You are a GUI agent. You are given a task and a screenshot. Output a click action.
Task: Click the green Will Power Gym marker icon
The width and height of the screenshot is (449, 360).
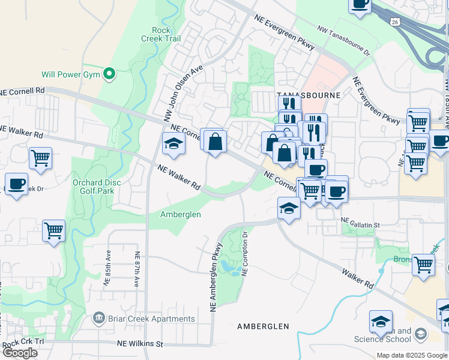[109, 74]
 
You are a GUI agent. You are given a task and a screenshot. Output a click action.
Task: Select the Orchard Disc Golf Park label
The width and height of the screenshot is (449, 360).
[97, 187]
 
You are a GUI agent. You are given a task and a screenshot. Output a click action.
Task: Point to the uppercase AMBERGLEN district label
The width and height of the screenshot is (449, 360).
[263, 326]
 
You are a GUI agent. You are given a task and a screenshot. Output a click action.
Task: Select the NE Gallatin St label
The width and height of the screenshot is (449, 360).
[360, 224]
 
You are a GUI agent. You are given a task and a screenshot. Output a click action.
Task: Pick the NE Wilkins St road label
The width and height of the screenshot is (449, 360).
[139, 344]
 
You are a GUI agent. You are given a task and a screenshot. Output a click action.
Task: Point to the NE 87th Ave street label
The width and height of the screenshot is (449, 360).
[137, 269]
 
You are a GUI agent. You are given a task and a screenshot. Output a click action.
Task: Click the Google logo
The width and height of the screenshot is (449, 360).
[20, 353]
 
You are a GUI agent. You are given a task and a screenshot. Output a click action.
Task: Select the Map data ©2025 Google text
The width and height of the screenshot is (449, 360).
[411, 355]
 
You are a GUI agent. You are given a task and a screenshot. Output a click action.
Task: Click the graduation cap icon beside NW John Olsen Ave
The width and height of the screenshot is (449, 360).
[173, 144]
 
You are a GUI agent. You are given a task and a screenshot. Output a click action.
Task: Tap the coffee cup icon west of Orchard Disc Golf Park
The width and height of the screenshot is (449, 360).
[16, 184]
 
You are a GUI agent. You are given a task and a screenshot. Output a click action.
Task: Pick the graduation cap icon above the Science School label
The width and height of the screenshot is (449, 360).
[381, 322]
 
